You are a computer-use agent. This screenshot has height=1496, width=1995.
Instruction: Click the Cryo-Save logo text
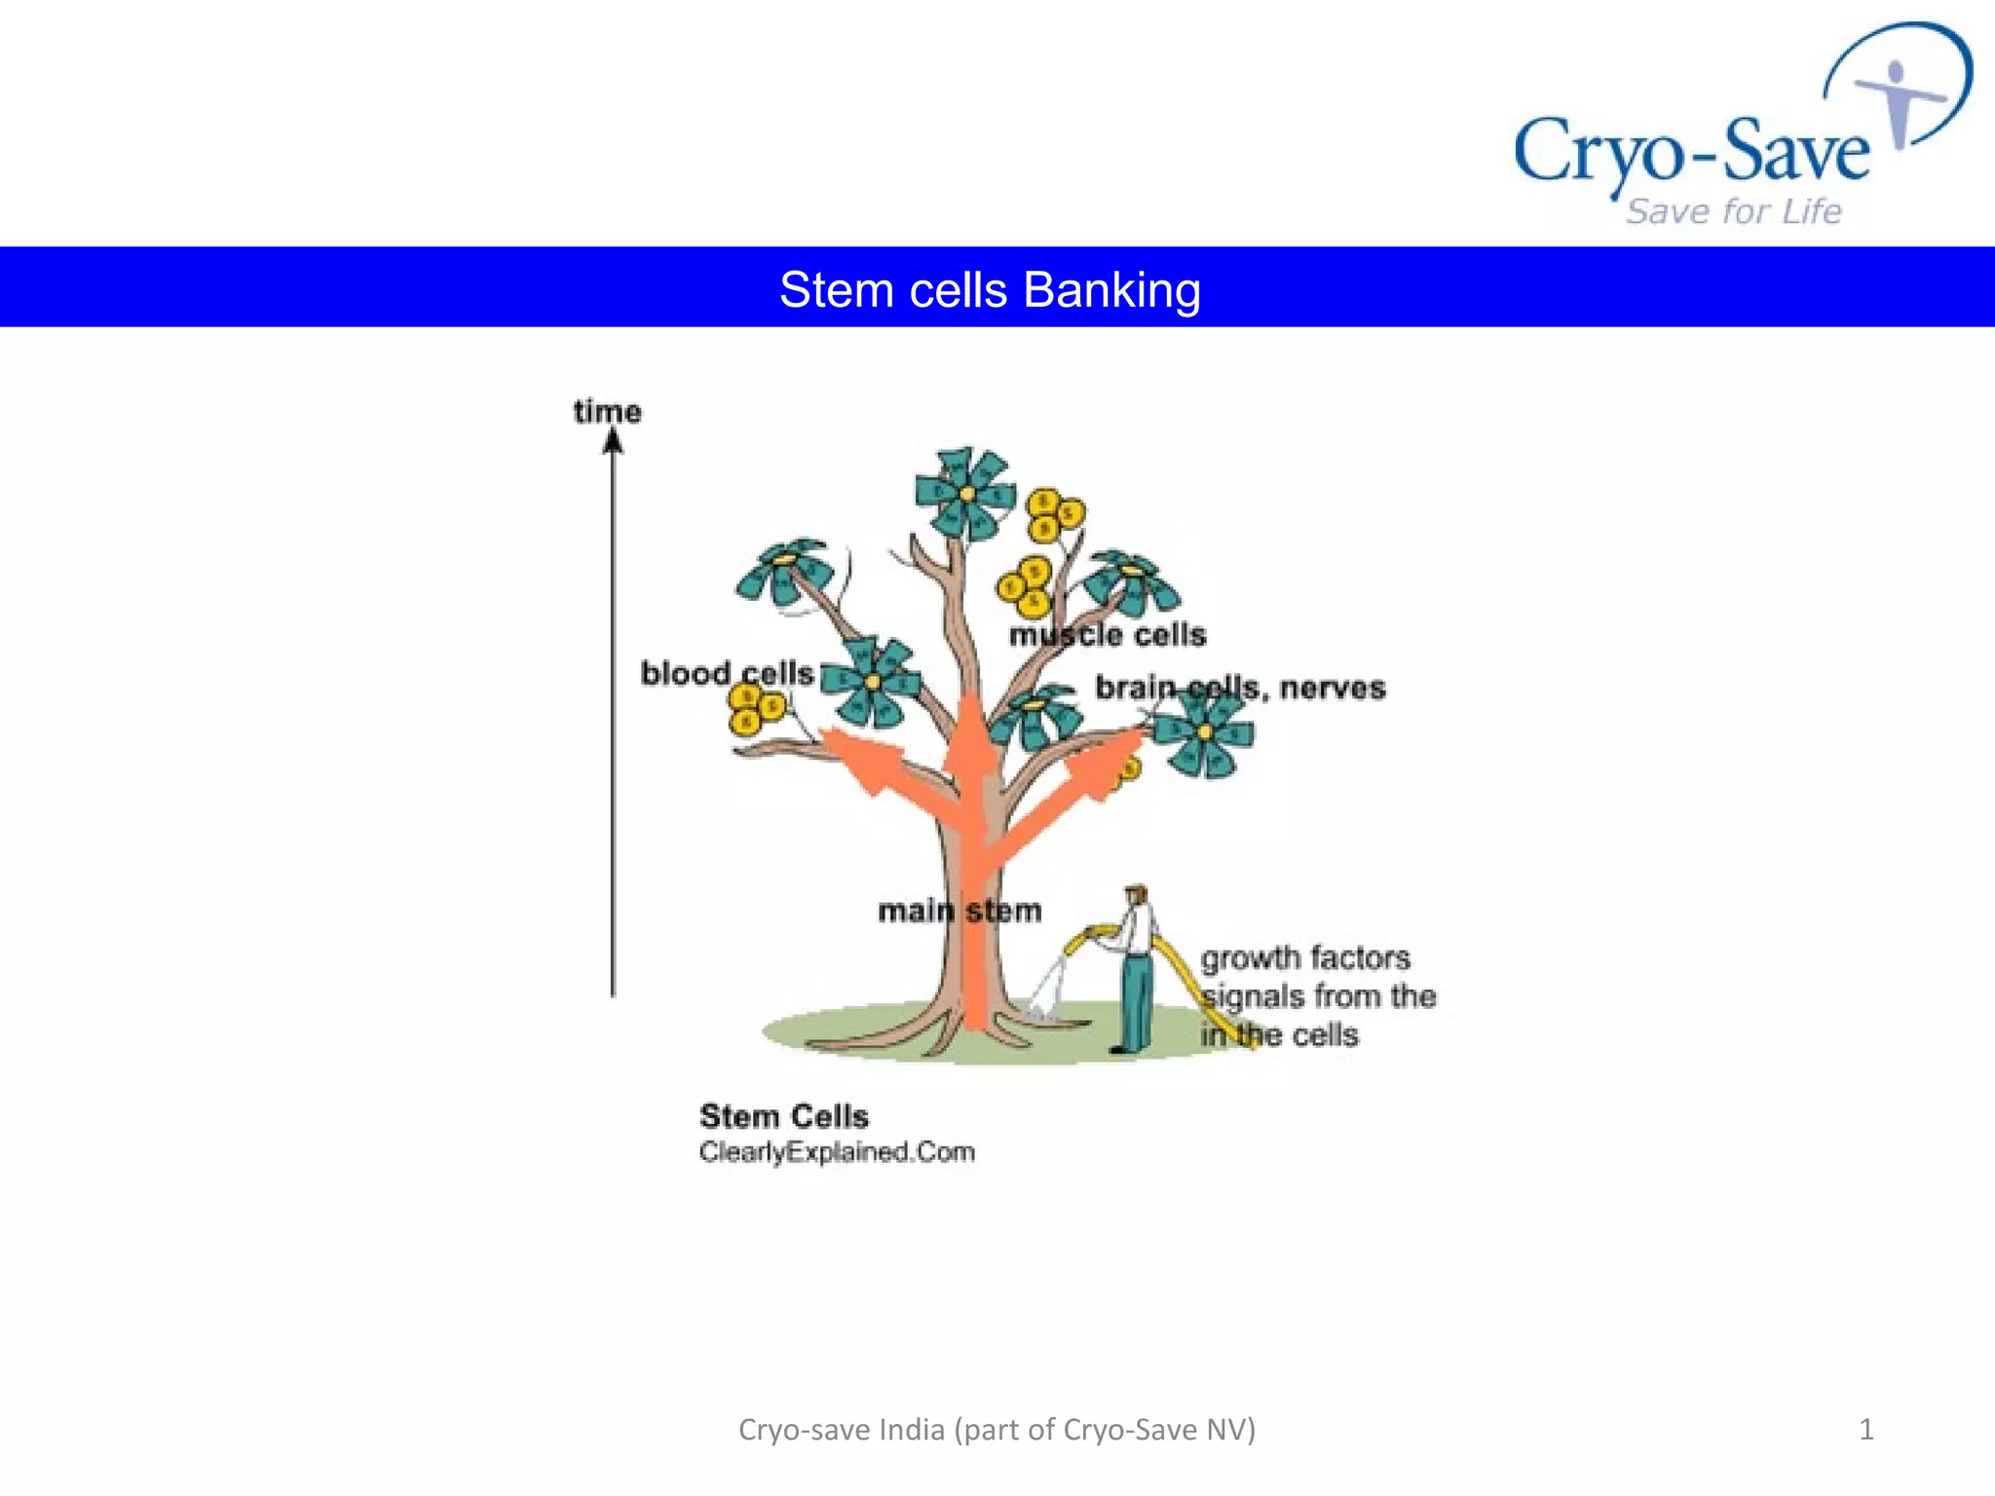pyautogui.click(x=1691, y=152)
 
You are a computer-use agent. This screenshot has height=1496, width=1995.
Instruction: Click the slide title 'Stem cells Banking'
pyautogui.click(x=990, y=290)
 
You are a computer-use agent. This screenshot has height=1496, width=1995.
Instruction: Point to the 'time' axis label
pyautogui.click(x=607, y=412)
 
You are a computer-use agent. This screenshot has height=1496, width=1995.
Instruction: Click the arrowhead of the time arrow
pyautogui.click(x=613, y=443)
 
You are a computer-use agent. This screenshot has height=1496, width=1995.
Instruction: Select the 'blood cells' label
pyautogui.click(x=727, y=673)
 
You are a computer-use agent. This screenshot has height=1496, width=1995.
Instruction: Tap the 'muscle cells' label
pyautogui.click(x=1108, y=635)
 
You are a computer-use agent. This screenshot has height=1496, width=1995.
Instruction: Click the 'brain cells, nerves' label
pyautogui.click(x=1240, y=688)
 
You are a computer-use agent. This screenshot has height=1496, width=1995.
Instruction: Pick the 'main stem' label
pyautogui.click(x=960, y=911)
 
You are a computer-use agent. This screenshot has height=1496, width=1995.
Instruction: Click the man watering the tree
pyautogui.click(x=1134, y=969)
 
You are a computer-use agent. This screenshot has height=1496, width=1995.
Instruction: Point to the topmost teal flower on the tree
pyautogui.click(x=965, y=493)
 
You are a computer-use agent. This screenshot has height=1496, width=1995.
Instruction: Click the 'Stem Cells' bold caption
pyautogui.click(x=783, y=1115)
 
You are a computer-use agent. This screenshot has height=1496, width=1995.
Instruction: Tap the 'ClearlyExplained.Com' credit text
pyautogui.click(x=837, y=1152)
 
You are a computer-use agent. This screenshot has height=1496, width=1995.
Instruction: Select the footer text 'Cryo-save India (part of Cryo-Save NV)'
pyautogui.click(x=997, y=1429)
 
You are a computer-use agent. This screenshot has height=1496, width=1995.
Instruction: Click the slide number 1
pyautogui.click(x=1866, y=1429)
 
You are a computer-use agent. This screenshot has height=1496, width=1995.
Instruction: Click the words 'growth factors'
pyautogui.click(x=1305, y=958)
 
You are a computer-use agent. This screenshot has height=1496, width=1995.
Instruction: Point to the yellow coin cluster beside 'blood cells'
pyautogui.click(x=757, y=708)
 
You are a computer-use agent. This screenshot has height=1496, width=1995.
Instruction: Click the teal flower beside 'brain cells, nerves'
pyautogui.click(x=1204, y=732)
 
